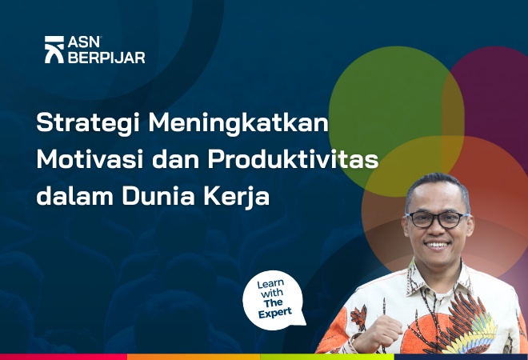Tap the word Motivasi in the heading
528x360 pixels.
85,159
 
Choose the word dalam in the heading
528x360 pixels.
72,194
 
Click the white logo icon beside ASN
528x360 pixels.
54,50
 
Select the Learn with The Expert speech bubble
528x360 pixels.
274,300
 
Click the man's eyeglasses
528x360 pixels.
437,218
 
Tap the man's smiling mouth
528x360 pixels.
437,244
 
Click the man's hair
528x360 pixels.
436,183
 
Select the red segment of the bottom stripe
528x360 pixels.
64,357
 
